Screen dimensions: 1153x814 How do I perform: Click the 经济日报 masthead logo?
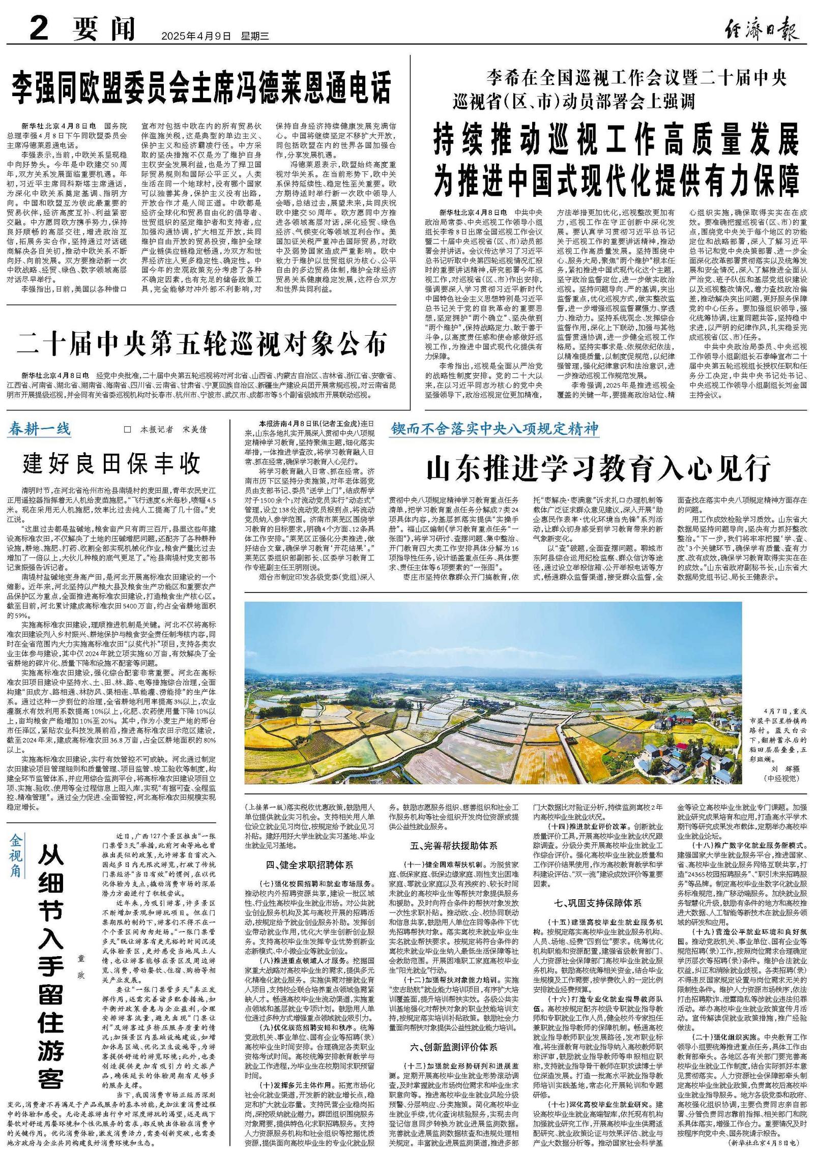pyautogui.click(x=760, y=27)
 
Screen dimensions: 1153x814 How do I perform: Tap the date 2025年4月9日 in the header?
pyautogui.click(x=196, y=36)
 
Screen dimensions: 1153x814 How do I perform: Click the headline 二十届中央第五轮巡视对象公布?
pyautogui.click(x=202, y=344)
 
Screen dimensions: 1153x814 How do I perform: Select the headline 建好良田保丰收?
pyautogui.click(x=112, y=463)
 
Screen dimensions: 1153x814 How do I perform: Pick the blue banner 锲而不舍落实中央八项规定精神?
pyautogui.click(x=495, y=429)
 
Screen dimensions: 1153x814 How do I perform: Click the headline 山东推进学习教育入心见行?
pyautogui.click(x=598, y=469)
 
